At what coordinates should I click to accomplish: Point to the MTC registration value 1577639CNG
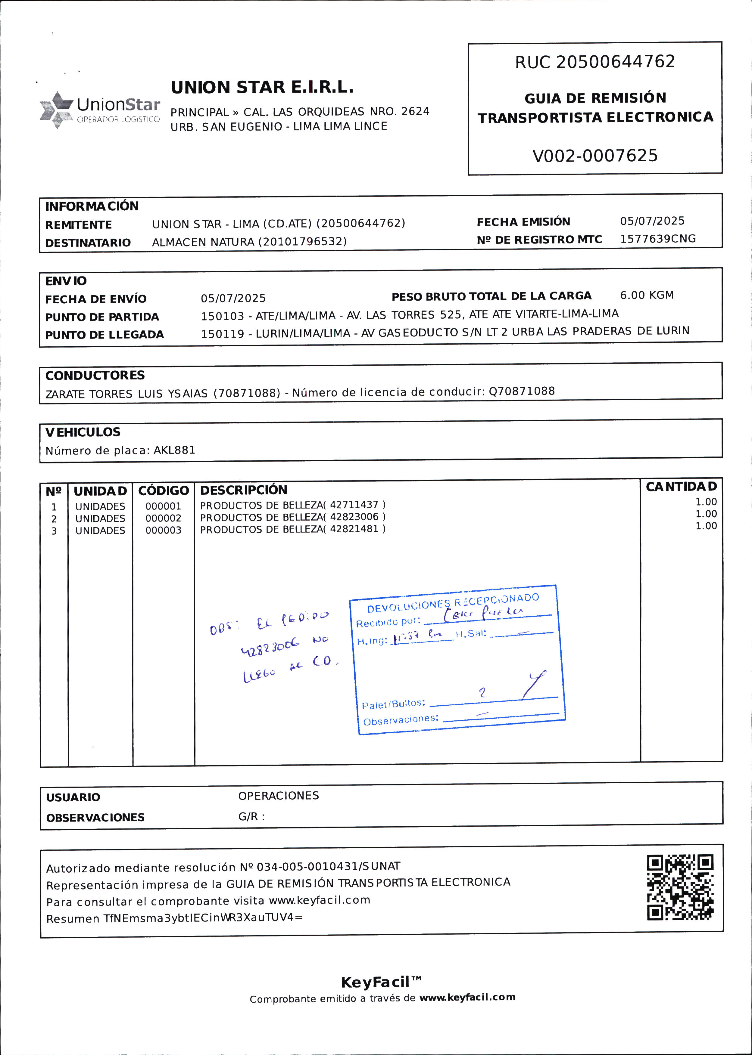pyautogui.click(x=657, y=239)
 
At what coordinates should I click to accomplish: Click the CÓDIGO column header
pyautogui.click(x=164, y=490)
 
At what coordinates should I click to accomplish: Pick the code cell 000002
pyautogui.click(x=164, y=518)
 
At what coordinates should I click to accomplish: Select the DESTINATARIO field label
pyautogui.click(x=88, y=243)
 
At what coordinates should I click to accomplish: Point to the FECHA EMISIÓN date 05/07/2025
pyautogui.click(x=652, y=221)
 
